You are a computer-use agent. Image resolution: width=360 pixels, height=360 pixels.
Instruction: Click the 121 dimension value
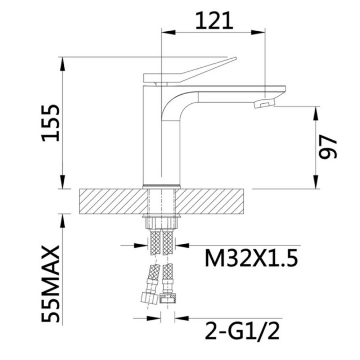[x=214, y=21]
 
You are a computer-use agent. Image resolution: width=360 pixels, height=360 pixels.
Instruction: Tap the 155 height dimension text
[x=50, y=123]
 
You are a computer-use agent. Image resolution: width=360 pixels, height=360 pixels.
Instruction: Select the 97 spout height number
[x=328, y=147]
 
